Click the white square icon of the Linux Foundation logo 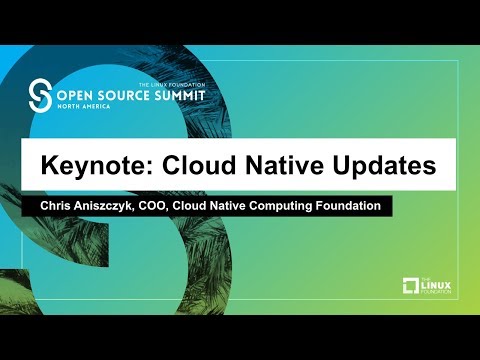[x=410, y=287]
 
